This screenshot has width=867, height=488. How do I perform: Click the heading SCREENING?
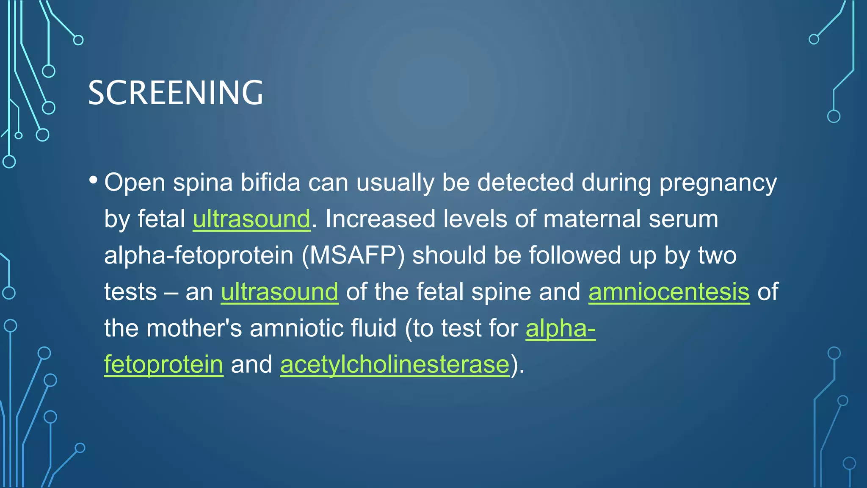[175, 93]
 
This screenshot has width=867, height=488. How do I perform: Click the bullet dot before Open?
[94, 180]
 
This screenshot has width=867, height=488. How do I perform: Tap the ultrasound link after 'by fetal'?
[251, 219]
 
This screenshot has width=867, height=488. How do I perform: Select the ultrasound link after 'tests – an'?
[279, 292]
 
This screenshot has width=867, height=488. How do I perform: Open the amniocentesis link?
[669, 292]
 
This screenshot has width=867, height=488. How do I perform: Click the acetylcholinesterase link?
[395, 364]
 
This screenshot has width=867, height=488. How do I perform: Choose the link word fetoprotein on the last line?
[163, 364]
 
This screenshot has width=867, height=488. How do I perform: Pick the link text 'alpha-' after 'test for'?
[561, 328]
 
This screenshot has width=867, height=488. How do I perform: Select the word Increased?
[380, 219]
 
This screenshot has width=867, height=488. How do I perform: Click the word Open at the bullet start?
[135, 183]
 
